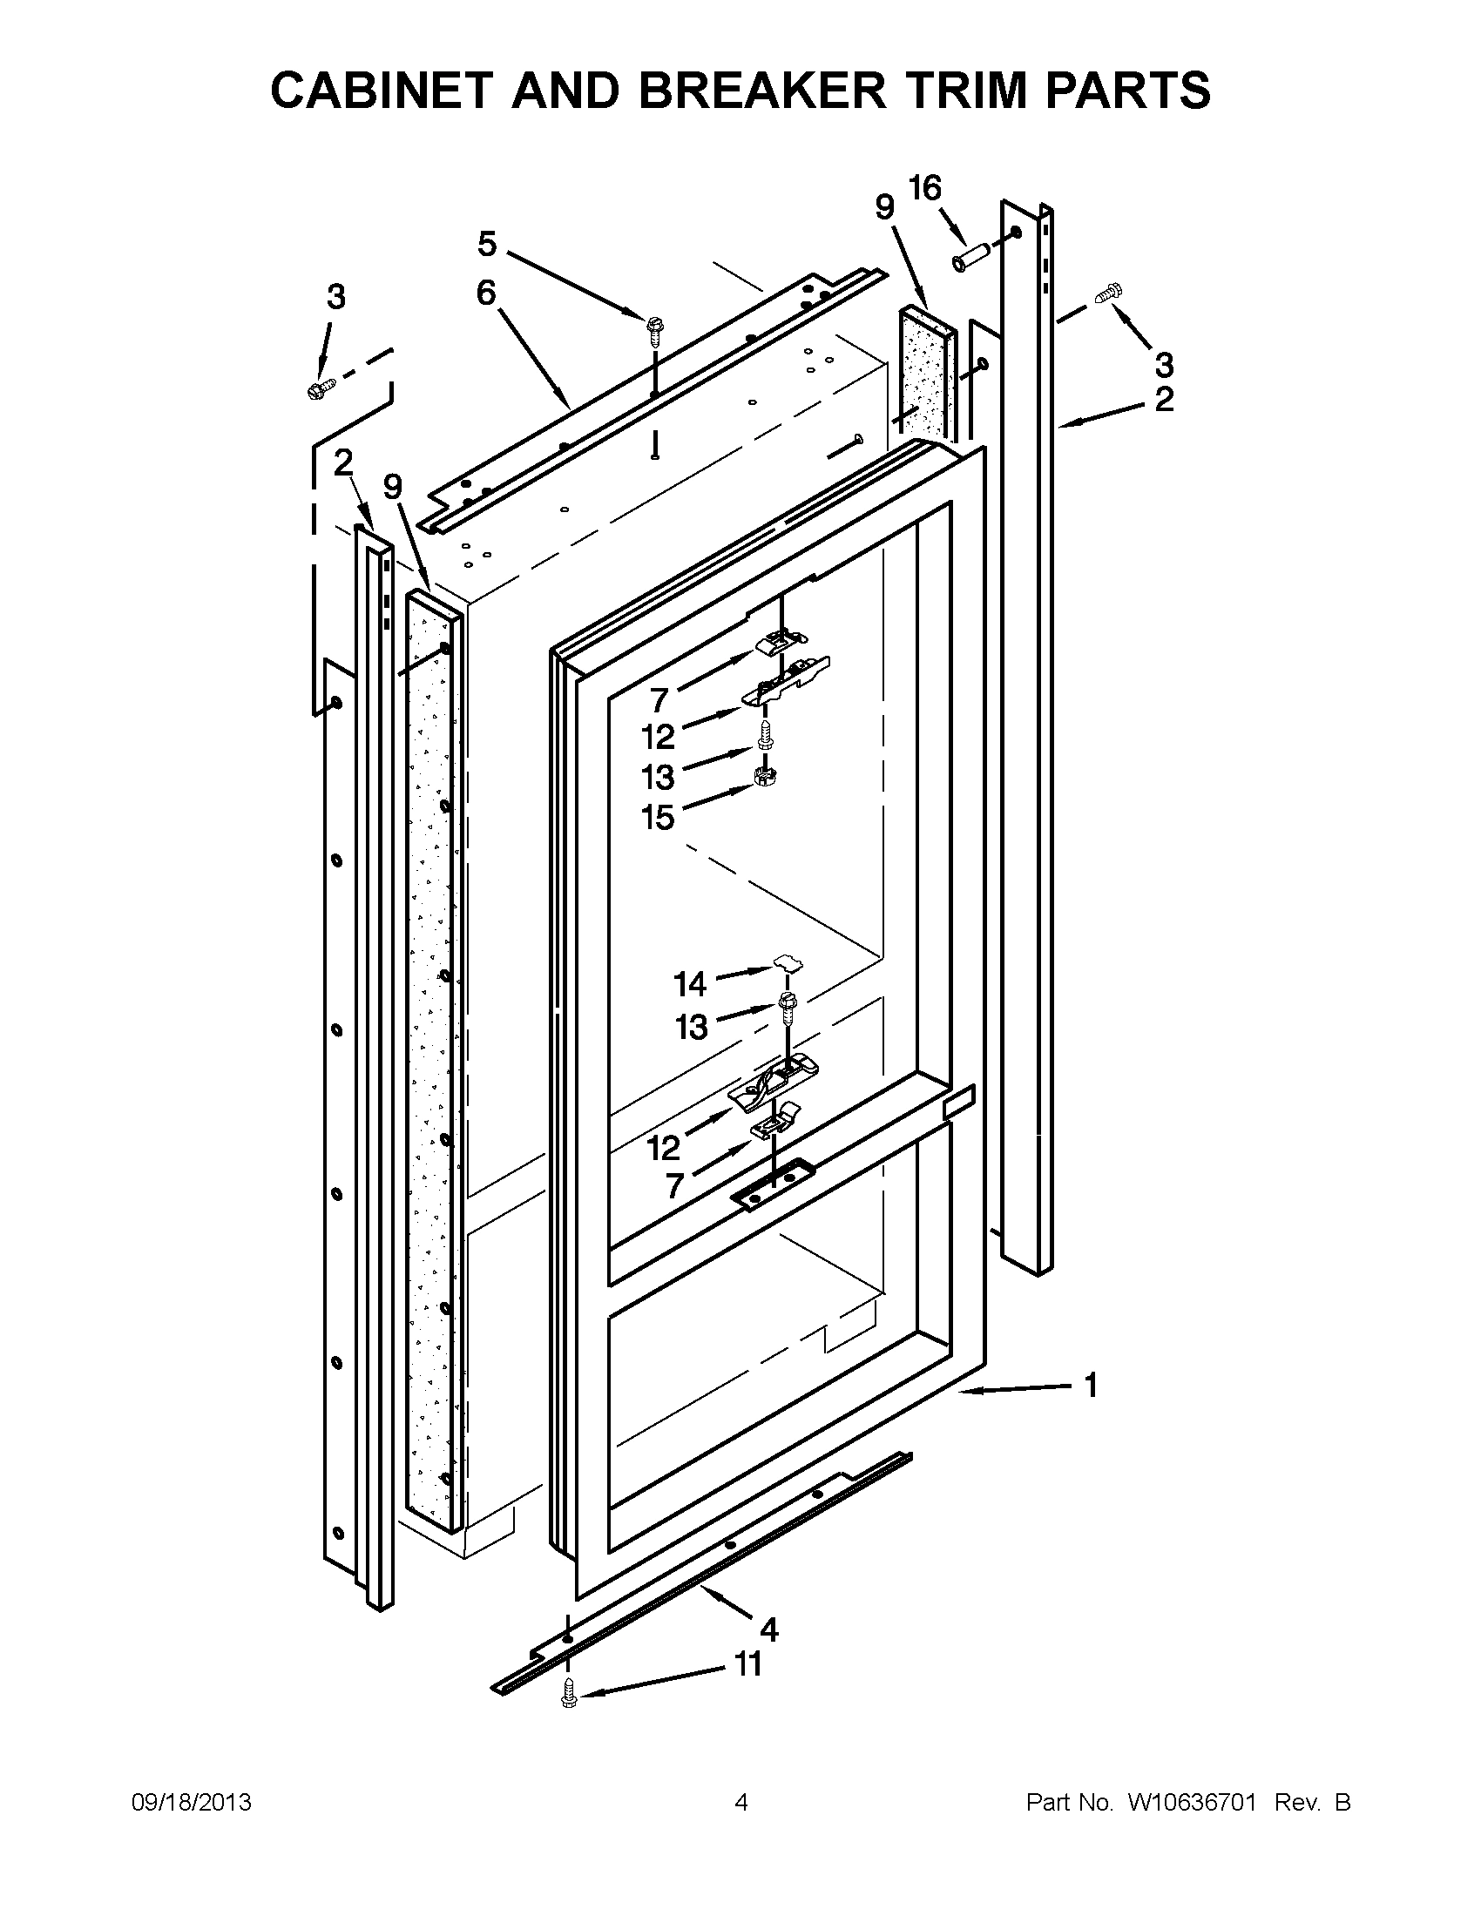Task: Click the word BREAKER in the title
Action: (x=761, y=91)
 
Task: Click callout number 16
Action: (x=924, y=188)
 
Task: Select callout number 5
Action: (x=487, y=244)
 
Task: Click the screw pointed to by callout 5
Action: (x=653, y=328)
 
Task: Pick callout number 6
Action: (x=486, y=293)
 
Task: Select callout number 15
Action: (x=658, y=818)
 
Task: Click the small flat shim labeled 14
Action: (x=788, y=963)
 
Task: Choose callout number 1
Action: (x=1091, y=1386)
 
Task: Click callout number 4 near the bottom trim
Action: (x=768, y=1630)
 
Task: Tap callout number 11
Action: (x=747, y=1664)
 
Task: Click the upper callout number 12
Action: (x=658, y=737)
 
